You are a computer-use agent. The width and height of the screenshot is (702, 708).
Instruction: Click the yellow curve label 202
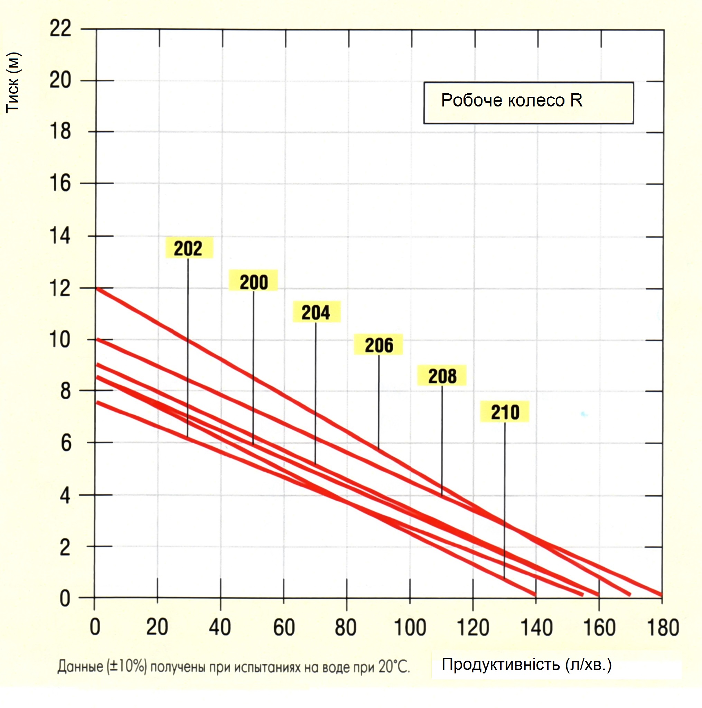pos(188,249)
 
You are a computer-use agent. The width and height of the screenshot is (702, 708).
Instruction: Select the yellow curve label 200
pos(254,282)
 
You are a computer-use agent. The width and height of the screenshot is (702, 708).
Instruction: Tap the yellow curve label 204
pos(316,313)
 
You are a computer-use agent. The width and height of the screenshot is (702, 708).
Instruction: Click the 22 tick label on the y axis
pos(60,28)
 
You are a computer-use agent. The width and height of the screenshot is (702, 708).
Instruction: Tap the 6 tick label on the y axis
pos(66,444)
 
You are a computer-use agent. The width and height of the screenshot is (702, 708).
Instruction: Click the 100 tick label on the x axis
pos(410,628)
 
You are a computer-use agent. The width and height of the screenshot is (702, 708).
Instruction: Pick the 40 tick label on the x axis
pos(220,628)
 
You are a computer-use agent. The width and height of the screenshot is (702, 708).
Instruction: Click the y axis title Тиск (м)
pos(13,83)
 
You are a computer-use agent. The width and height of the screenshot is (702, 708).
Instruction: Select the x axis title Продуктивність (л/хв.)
pos(526,664)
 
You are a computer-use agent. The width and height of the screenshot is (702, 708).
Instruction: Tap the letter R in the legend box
pos(576,100)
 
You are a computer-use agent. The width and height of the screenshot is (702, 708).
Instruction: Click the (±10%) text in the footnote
pos(127,666)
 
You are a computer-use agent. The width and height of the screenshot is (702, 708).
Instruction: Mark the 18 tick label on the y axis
pos(60,131)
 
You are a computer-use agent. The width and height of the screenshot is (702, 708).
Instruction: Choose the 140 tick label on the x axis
pos(536,628)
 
